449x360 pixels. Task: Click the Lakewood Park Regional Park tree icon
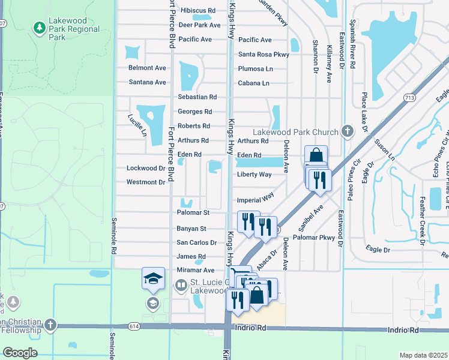40,28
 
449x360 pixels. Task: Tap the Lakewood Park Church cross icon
347,131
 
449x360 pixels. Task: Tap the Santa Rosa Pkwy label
264,54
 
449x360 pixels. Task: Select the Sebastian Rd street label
197,97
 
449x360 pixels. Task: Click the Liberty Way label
254,175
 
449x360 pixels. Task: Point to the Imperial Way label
256,197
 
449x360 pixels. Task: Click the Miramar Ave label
195,271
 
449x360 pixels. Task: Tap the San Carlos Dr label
196,242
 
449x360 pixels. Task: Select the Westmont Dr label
145,182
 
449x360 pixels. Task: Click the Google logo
20,353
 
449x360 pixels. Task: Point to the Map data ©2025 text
423,355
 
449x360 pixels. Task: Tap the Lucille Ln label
137,125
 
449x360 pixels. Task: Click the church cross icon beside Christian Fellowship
50,325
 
